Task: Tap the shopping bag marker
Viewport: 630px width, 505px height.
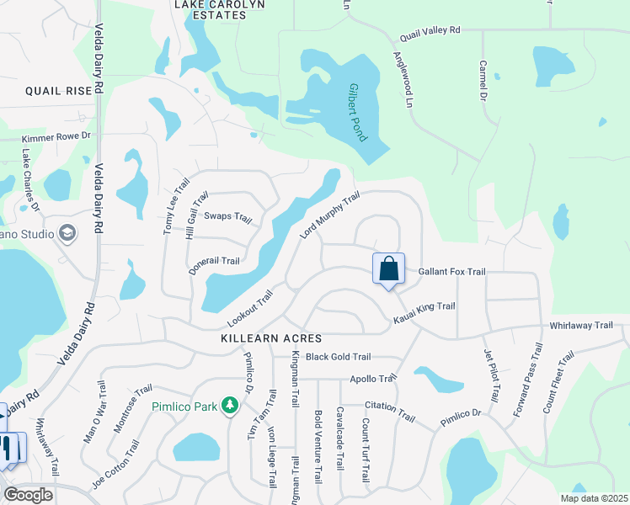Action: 389,269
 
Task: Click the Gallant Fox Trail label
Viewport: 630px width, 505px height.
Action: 452,272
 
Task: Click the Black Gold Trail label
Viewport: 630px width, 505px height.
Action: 338,357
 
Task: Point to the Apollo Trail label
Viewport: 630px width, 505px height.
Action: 372,379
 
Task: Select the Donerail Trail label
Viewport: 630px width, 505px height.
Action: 215,261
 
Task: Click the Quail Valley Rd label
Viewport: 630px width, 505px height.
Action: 430,30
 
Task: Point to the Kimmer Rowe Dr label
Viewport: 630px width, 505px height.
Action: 56,136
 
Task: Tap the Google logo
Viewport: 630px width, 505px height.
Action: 28,495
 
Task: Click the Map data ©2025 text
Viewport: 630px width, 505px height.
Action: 593,498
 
